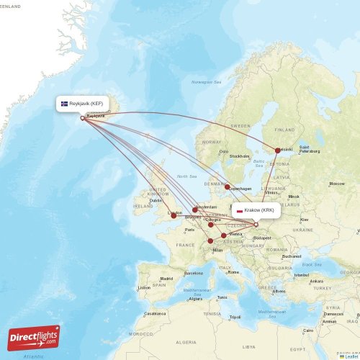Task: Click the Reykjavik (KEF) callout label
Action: [x=84, y=104]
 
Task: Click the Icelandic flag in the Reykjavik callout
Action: [x=64, y=104]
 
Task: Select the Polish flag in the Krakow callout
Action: [x=239, y=211]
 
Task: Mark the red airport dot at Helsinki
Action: [x=278, y=150]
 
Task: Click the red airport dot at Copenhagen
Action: [x=228, y=187]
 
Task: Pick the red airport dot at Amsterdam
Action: [x=195, y=210]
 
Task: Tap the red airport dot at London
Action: [x=173, y=215]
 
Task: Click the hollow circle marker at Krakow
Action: [x=256, y=224]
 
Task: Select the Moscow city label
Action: [x=336, y=184]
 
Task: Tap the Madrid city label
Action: [x=166, y=279]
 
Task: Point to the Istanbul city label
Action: [x=300, y=275]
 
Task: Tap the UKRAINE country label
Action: [x=302, y=230]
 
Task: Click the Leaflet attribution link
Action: [x=348, y=356]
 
